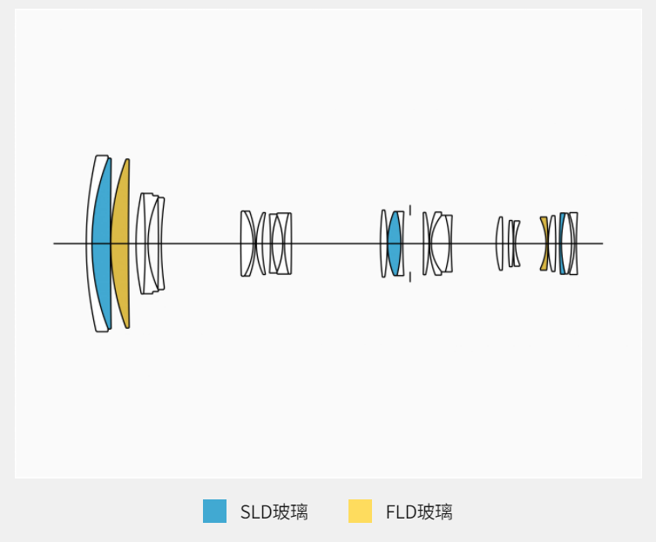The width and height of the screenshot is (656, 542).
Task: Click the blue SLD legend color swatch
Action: click(214, 511)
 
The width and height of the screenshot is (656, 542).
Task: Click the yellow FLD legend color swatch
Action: click(360, 511)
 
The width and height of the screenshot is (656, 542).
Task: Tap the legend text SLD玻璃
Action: click(274, 512)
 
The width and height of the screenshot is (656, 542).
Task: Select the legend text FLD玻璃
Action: click(419, 512)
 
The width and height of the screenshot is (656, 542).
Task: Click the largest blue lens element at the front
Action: click(100, 244)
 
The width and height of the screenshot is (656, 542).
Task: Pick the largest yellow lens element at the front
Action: click(120, 244)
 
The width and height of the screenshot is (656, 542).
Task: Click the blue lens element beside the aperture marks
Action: click(394, 244)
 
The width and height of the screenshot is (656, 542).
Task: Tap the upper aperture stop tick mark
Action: click(410, 210)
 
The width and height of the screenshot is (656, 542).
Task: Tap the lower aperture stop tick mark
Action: click(410, 277)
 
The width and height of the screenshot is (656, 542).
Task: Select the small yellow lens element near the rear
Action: click(544, 244)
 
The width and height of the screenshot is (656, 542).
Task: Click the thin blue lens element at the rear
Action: click(562, 244)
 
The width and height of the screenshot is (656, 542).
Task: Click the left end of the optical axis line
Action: click(53, 244)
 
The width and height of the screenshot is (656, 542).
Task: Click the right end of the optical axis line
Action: click(603, 244)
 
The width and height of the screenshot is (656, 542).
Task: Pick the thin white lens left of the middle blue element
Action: click(382, 244)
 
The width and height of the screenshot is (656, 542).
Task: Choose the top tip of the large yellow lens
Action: click(127, 159)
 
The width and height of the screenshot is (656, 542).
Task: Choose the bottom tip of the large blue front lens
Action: click(110, 330)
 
